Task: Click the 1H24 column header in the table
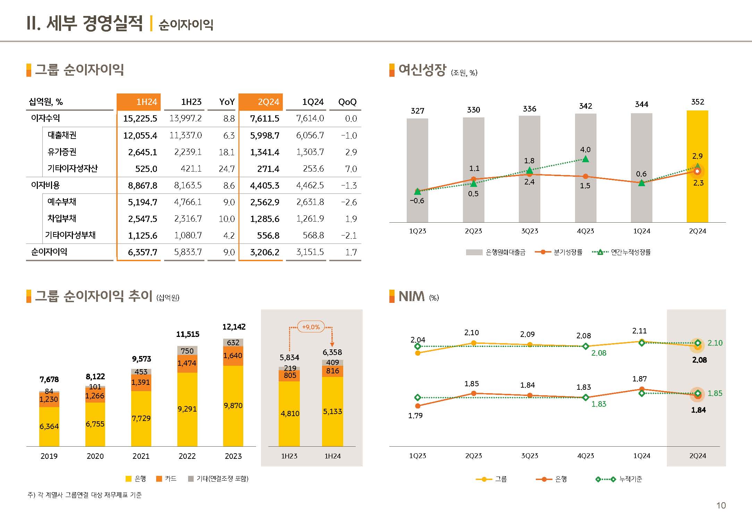139,102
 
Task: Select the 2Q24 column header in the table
261,102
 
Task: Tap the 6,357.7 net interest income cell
142,252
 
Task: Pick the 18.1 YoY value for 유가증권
227,152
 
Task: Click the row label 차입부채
62,218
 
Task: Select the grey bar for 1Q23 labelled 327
417,170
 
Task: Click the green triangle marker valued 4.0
585,159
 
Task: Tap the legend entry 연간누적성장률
630,252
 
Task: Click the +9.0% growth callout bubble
311,327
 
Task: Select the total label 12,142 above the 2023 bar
234,327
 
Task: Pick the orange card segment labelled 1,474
187,363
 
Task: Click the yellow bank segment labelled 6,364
49,426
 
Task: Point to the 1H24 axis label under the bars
332,456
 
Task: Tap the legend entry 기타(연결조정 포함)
222,479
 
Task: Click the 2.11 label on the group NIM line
639,331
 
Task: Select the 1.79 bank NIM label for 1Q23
415,415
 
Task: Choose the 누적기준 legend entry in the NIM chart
630,479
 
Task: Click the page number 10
721,505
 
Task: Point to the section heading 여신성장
422,70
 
